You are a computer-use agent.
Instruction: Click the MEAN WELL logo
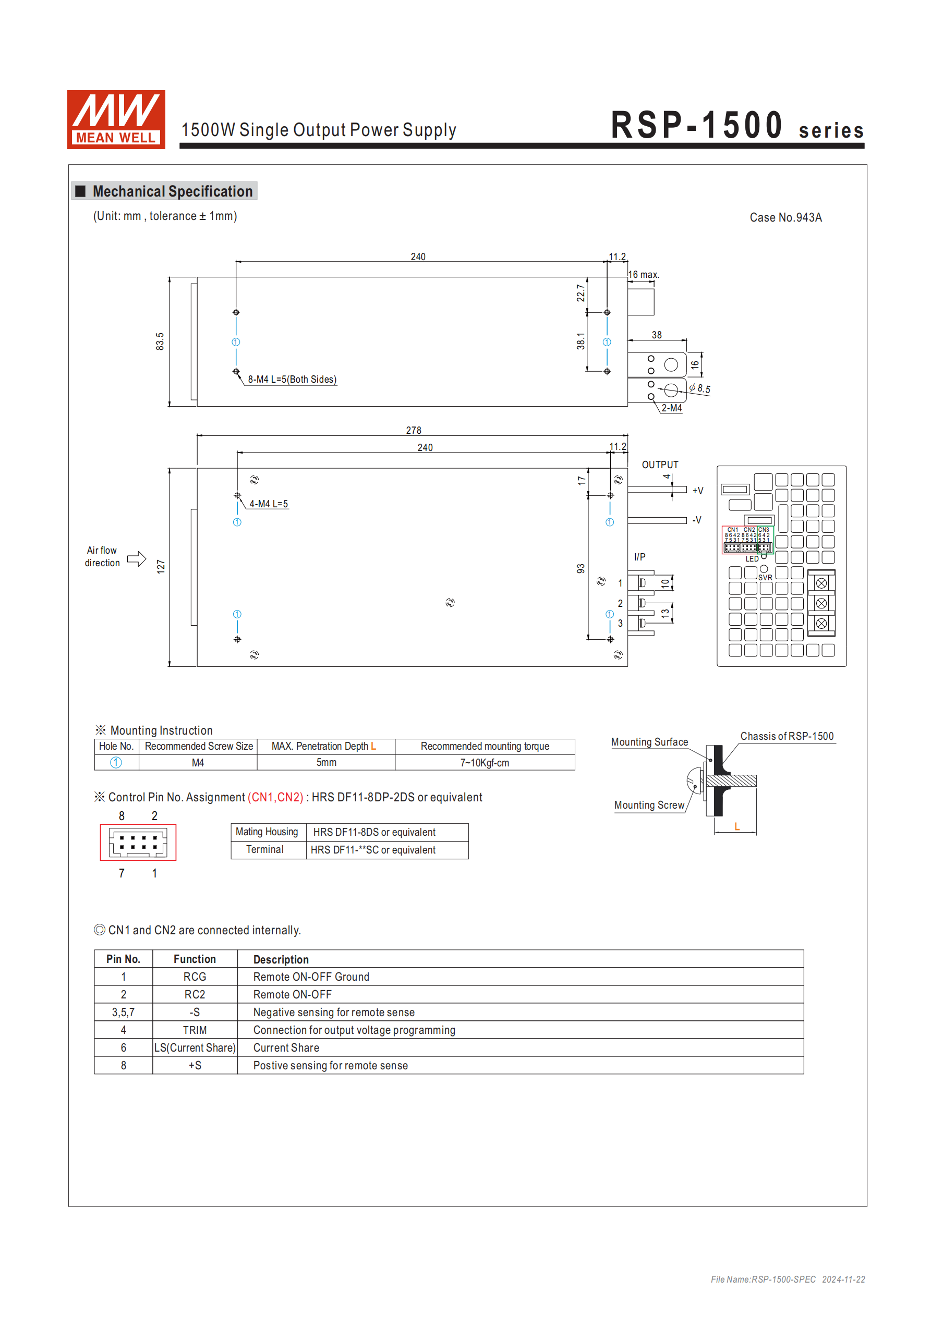(116, 119)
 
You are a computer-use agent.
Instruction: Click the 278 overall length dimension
(413, 430)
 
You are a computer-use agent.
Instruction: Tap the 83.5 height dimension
(160, 342)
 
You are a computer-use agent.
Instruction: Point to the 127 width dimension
(161, 567)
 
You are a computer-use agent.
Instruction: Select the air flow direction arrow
(137, 559)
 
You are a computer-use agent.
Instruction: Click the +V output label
(697, 491)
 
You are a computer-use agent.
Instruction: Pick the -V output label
(696, 520)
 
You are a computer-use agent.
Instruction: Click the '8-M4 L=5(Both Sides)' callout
(292, 379)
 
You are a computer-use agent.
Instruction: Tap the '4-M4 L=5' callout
(269, 504)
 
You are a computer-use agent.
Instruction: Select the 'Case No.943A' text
(785, 217)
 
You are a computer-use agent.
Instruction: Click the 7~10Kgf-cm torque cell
(485, 762)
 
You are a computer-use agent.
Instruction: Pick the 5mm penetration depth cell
(326, 762)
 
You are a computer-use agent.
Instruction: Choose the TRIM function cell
(195, 1030)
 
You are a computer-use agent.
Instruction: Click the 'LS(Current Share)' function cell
(195, 1047)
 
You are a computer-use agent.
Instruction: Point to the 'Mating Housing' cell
(267, 832)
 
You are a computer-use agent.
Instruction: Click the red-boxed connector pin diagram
(138, 842)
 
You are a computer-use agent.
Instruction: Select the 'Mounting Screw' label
(649, 805)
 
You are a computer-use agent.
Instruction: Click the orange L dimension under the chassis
(737, 826)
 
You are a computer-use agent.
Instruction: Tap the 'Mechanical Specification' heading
(172, 191)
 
